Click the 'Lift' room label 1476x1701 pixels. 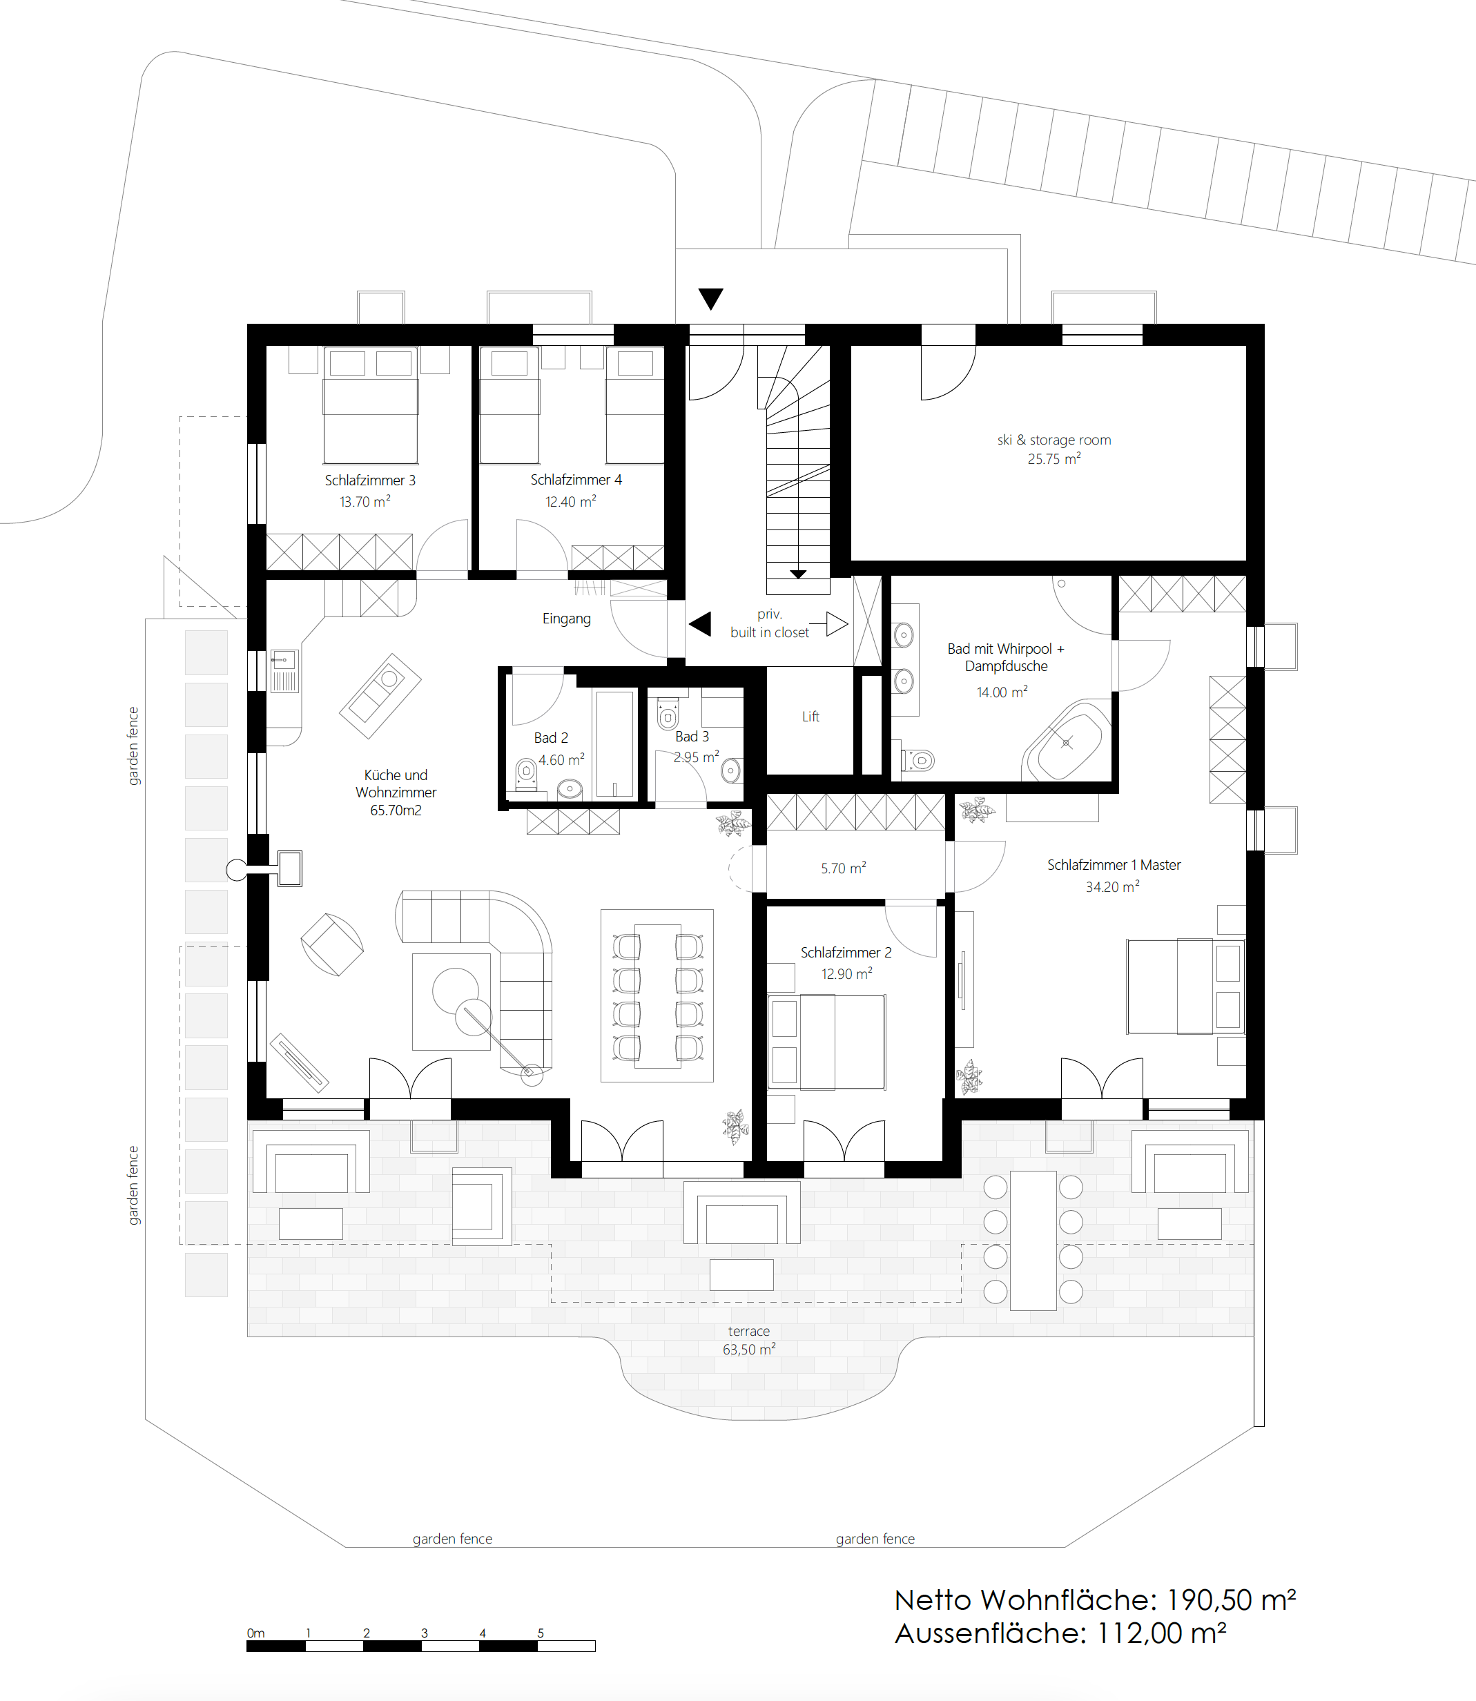(810, 717)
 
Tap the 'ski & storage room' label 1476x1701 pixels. (1054, 440)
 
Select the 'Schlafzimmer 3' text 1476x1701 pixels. (370, 480)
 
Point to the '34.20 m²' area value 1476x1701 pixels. (1113, 886)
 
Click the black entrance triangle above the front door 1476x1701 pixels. (711, 298)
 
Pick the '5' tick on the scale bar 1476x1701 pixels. (541, 1633)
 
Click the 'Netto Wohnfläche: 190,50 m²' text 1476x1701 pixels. (1096, 1600)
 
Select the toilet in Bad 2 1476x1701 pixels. (525, 773)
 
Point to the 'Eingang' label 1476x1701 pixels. (567, 619)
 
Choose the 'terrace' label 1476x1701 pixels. (749, 1331)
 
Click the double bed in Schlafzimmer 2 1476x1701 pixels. (826, 1042)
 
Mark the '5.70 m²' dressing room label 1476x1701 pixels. (844, 868)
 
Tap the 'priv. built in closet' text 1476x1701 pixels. (769, 623)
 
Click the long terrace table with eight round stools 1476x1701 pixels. (1033, 1241)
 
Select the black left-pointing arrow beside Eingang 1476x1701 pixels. (700, 623)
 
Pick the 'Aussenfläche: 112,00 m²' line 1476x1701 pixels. (1061, 1633)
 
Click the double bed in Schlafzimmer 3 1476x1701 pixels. (371, 405)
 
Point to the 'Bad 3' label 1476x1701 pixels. (692, 737)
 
